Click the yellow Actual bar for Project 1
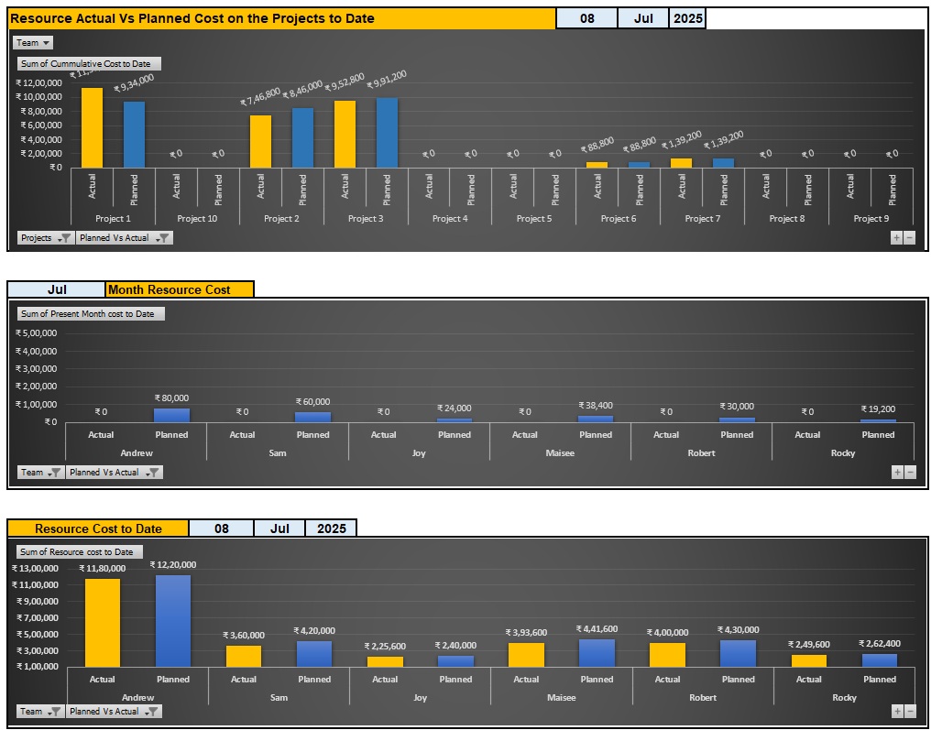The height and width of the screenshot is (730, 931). pyautogui.click(x=92, y=127)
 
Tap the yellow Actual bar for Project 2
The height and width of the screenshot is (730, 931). pyautogui.click(x=260, y=141)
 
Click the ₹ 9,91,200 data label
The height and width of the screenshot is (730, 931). pyautogui.click(x=387, y=80)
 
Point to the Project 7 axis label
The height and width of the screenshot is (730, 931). pyautogui.click(x=702, y=219)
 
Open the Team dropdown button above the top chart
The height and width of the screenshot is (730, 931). pyautogui.click(x=33, y=43)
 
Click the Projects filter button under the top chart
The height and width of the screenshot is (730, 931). pyautogui.click(x=46, y=238)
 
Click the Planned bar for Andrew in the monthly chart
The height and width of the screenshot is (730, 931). pyautogui.click(x=171, y=415)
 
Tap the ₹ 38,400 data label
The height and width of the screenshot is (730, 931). pyautogui.click(x=596, y=405)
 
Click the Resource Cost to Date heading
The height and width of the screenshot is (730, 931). pyautogui.click(x=98, y=528)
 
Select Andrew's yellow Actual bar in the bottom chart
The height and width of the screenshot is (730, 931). pyautogui.click(x=102, y=622)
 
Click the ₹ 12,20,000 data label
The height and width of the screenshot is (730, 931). pyautogui.click(x=173, y=565)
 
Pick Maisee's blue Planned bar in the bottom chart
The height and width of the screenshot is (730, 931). pyautogui.click(x=597, y=652)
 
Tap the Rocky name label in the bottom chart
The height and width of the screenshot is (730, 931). pyautogui.click(x=844, y=698)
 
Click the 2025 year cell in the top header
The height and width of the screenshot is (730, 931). pyautogui.click(x=687, y=18)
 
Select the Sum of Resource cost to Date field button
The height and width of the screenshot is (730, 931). pyautogui.click(x=77, y=552)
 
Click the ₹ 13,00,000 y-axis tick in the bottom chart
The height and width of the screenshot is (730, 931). pyautogui.click(x=36, y=569)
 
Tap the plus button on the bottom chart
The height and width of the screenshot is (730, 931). pyautogui.click(x=897, y=711)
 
